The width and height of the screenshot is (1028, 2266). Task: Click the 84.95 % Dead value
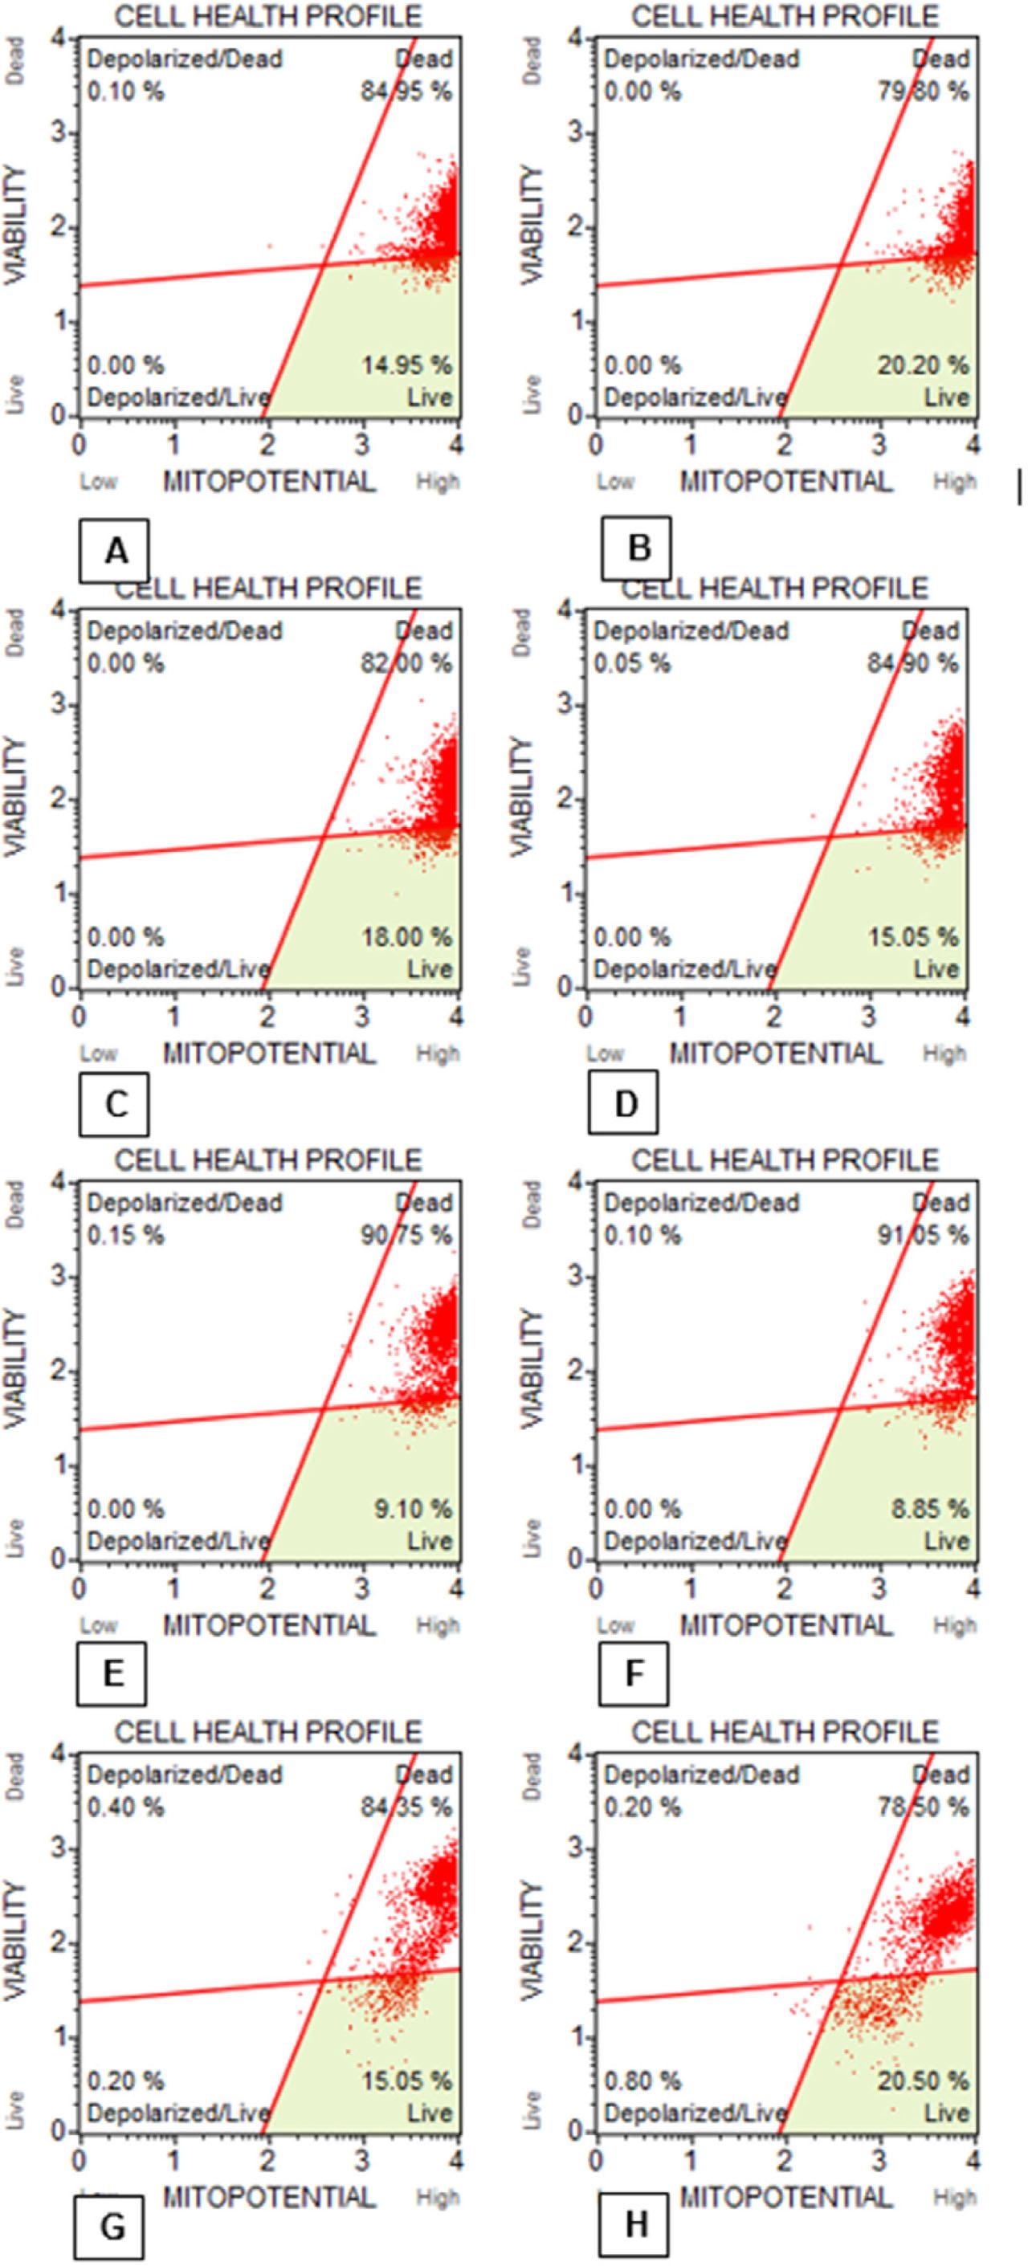(x=406, y=92)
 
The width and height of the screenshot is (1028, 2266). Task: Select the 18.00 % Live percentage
(x=406, y=937)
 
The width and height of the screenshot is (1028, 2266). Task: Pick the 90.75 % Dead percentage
(x=406, y=1235)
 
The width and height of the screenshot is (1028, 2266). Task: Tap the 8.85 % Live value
(x=928, y=1509)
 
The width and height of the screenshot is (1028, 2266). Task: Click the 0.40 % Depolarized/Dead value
(x=126, y=1807)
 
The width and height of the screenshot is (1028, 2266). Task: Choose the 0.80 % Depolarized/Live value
(x=642, y=2081)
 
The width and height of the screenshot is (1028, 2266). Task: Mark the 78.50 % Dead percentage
(x=922, y=1807)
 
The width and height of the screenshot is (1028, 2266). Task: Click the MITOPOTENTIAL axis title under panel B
(x=786, y=481)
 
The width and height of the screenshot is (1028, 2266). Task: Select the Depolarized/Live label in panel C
(x=177, y=969)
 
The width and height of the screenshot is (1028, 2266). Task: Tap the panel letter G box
(x=112, y=2227)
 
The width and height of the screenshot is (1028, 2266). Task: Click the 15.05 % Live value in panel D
(x=912, y=937)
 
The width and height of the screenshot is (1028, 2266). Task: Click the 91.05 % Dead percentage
(x=922, y=1235)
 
